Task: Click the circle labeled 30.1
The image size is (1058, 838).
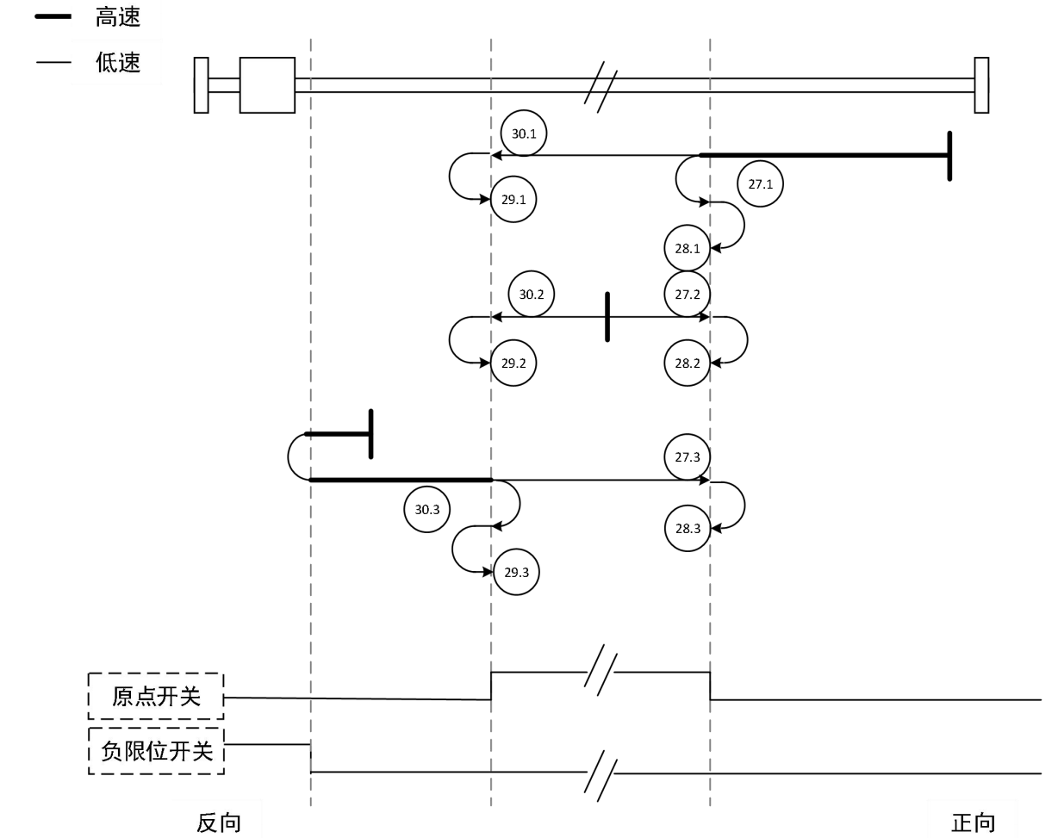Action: (524, 133)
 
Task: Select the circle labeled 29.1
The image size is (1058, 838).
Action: (513, 200)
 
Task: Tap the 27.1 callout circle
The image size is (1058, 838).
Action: (761, 183)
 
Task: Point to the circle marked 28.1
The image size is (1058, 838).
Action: (687, 249)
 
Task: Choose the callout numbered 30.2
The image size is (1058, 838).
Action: (532, 294)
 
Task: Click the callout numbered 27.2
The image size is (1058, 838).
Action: (687, 294)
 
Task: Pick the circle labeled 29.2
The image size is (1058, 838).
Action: (513, 363)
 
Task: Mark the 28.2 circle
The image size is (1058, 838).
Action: (687, 363)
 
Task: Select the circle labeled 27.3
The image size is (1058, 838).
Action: (687, 457)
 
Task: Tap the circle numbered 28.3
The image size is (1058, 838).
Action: (687, 529)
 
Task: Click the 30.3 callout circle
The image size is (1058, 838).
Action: (427, 509)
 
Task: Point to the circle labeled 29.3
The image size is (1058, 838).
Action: (516, 572)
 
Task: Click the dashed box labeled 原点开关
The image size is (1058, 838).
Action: (156, 696)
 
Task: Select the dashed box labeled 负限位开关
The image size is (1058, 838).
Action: (156, 750)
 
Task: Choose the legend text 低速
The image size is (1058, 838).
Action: (118, 62)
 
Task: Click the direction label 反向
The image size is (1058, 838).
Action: (219, 822)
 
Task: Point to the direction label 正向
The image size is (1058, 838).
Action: (974, 822)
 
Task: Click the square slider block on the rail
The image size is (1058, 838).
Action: (267, 84)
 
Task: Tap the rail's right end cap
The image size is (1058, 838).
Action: (981, 84)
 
